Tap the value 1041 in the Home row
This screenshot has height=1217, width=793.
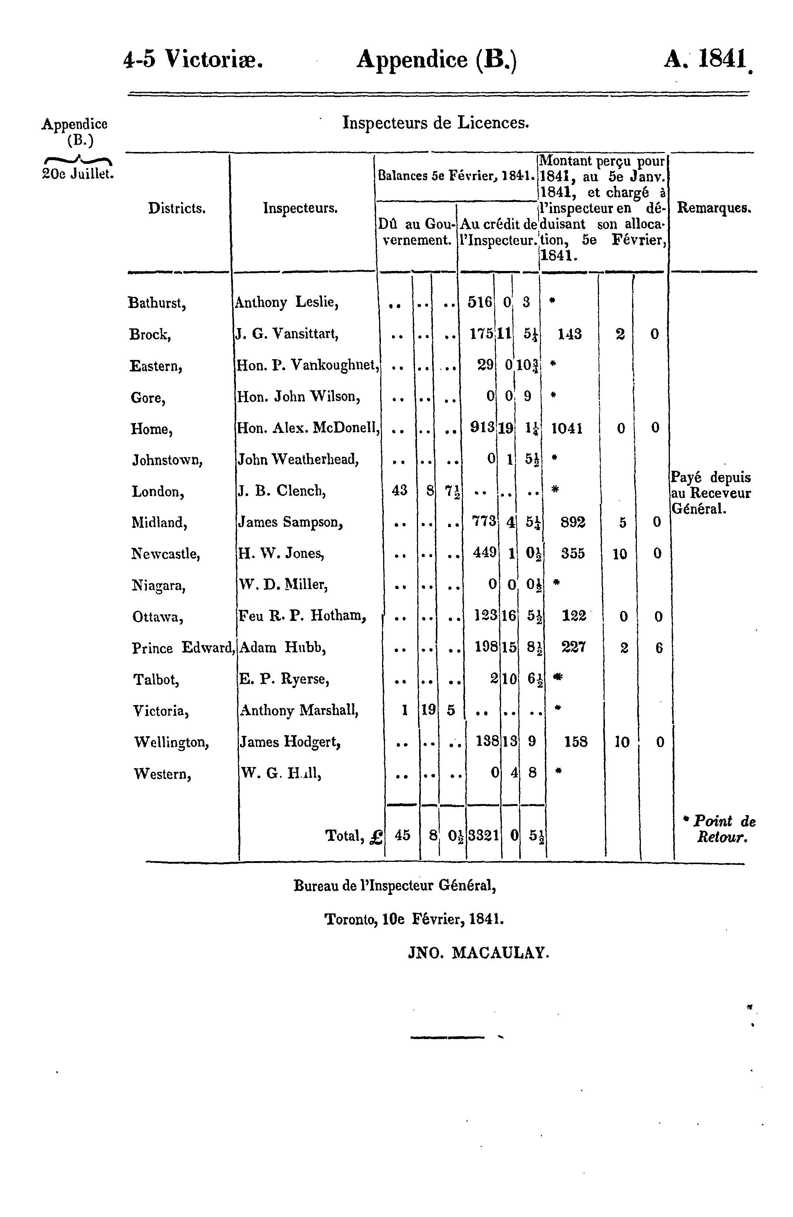click(x=567, y=428)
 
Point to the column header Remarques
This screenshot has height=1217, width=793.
click(x=714, y=209)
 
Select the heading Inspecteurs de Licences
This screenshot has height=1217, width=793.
click(x=435, y=123)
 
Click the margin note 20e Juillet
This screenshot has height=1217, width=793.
click(x=77, y=174)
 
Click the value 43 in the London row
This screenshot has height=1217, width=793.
click(x=399, y=490)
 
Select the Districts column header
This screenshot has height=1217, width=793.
click(x=177, y=209)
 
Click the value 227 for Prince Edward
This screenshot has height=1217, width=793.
click(x=573, y=648)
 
